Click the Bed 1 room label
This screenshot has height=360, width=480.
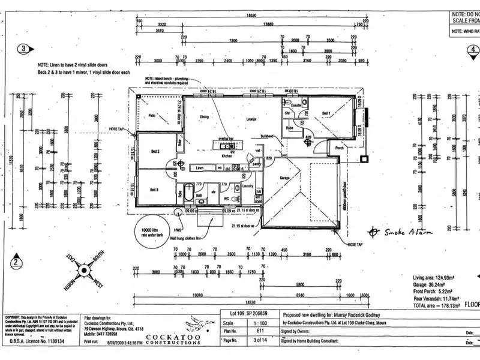click(x=326, y=113)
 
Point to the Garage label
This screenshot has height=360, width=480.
click(x=286, y=178)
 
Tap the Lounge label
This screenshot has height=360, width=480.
click(x=251, y=119)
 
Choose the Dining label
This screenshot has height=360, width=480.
click(x=204, y=117)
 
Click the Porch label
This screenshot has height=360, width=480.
click(x=340, y=148)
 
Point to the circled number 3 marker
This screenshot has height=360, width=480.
click(x=24, y=49)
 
